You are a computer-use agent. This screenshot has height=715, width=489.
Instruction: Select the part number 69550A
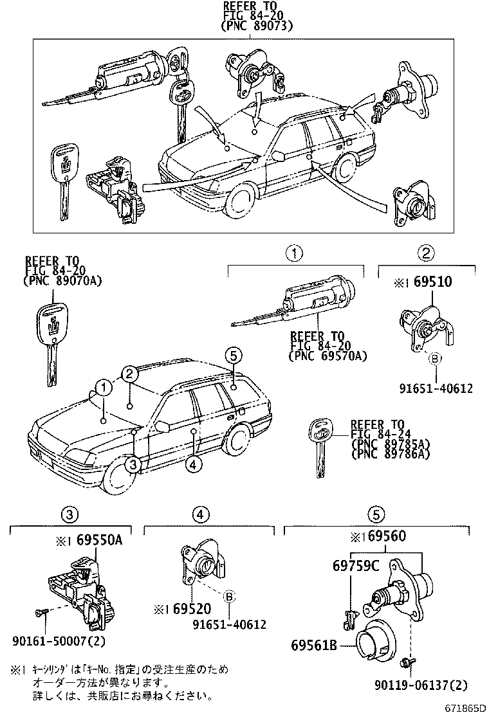99,541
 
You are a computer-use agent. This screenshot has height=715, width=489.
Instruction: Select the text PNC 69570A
328,354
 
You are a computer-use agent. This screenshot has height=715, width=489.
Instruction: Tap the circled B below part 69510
434,358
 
